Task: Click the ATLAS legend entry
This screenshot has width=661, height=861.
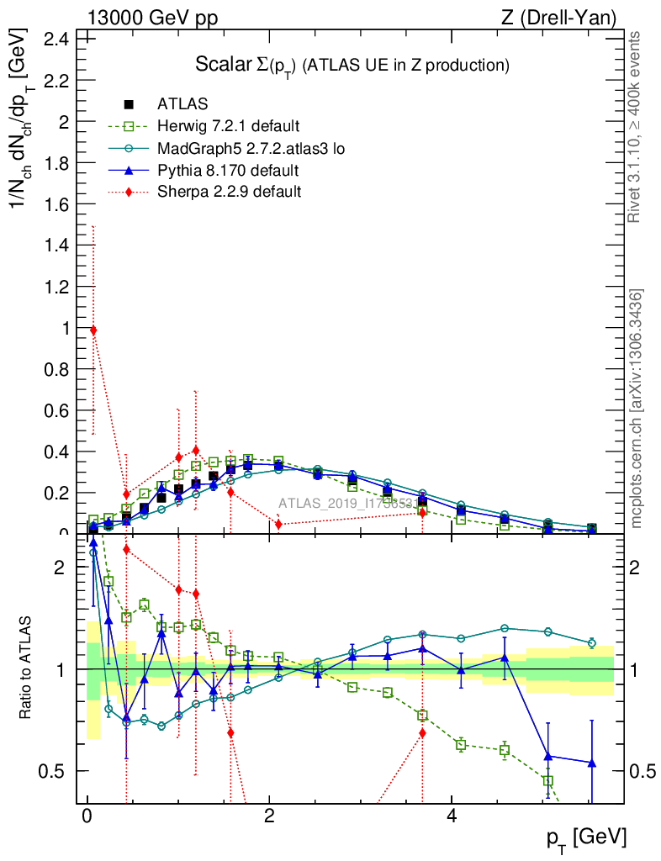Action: (x=182, y=105)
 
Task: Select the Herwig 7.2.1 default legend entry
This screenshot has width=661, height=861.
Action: (x=228, y=127)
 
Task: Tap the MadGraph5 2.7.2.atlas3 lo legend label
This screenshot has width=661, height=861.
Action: (x=251, y=149)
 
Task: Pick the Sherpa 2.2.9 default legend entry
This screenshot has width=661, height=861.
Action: (x=229, y=193)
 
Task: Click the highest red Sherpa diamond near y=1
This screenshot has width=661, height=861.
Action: (x=93, y=330)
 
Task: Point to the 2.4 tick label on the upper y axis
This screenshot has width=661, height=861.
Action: (x=57, y=39)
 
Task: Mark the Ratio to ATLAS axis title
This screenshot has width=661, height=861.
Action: (x=27, y=668)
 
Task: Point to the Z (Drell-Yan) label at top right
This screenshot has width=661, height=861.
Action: (x=565, y=17)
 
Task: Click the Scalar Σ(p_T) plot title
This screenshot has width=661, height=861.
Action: (x=352, y=65)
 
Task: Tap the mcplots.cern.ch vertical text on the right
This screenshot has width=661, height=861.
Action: (x=637, y=409)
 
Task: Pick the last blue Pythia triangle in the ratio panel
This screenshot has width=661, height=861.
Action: (x=592, y=763)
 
